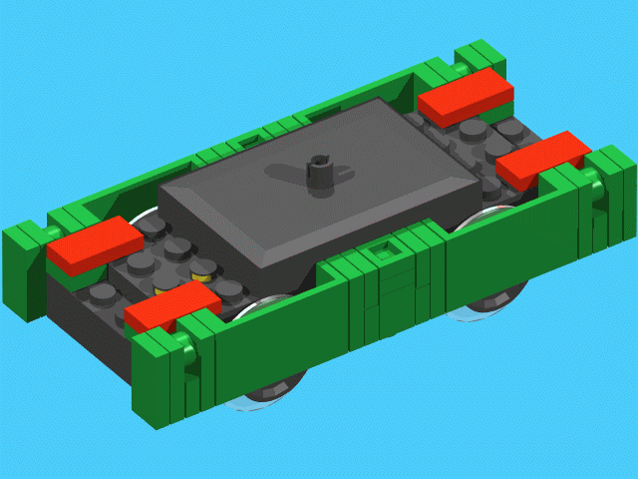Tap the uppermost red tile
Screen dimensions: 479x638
pos(466,95)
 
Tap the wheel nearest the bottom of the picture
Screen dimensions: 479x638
pos(264,395)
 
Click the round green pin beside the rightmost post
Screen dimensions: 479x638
pos(593,195)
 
